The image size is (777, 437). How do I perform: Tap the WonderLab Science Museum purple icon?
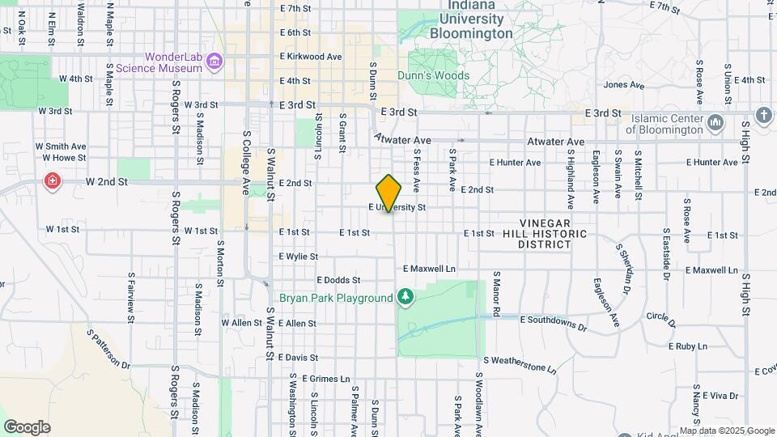pyautogui.click(x=214, y=62)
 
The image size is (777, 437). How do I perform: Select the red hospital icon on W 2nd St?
pyautogui.click(x=53, y=180)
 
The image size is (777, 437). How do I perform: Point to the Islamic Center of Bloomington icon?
pyautogui.click(x=715, y=123)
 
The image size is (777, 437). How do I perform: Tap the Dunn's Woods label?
pyautogui.click(x=433, y=75)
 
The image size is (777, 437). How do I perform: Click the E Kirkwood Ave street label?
pyautogui.click(x=311, y=57)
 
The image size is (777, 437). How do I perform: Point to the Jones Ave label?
pyautogui.click(x=623, y=84)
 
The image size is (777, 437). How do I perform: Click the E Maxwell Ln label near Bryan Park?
pyautogui.click(x=430, y=269)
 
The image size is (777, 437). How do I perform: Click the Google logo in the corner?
pyautogui.click(x=27, y=427)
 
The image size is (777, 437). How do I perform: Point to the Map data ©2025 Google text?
pyautogui.click(x=726, y=431)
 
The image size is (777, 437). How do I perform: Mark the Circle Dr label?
pyautogui.click(x=660, y=317)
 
